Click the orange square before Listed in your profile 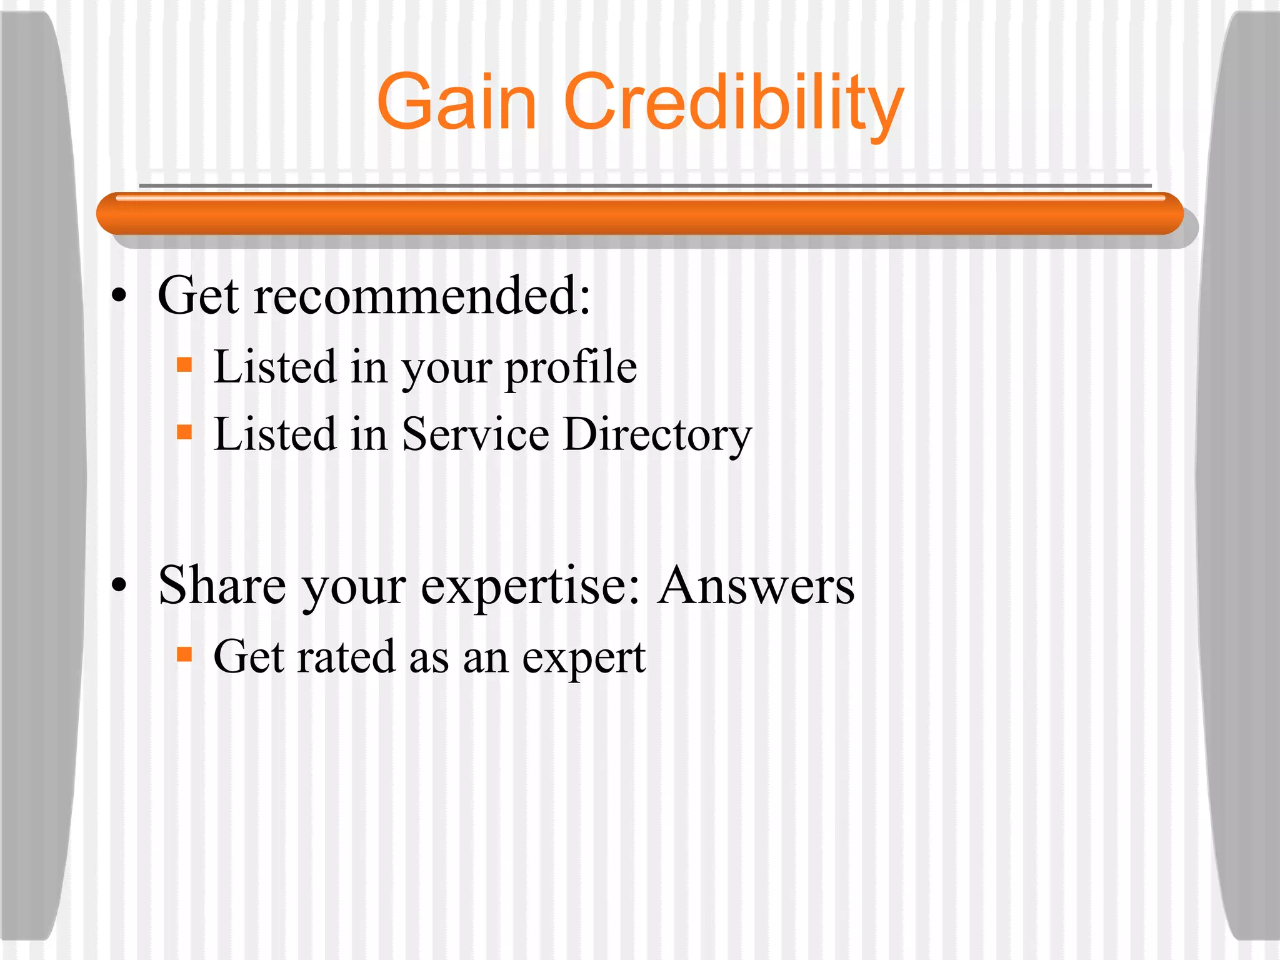point(184,364)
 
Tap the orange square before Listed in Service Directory point(184,432)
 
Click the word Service point(475,434)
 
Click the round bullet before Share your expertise point(119,586)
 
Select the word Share point(222,586)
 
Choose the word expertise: point(531,588)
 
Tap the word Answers point(756,586)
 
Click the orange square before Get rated point(184,654)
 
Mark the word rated point(346,657)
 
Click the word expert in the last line point(583,659)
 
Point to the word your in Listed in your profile point(446,370)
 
